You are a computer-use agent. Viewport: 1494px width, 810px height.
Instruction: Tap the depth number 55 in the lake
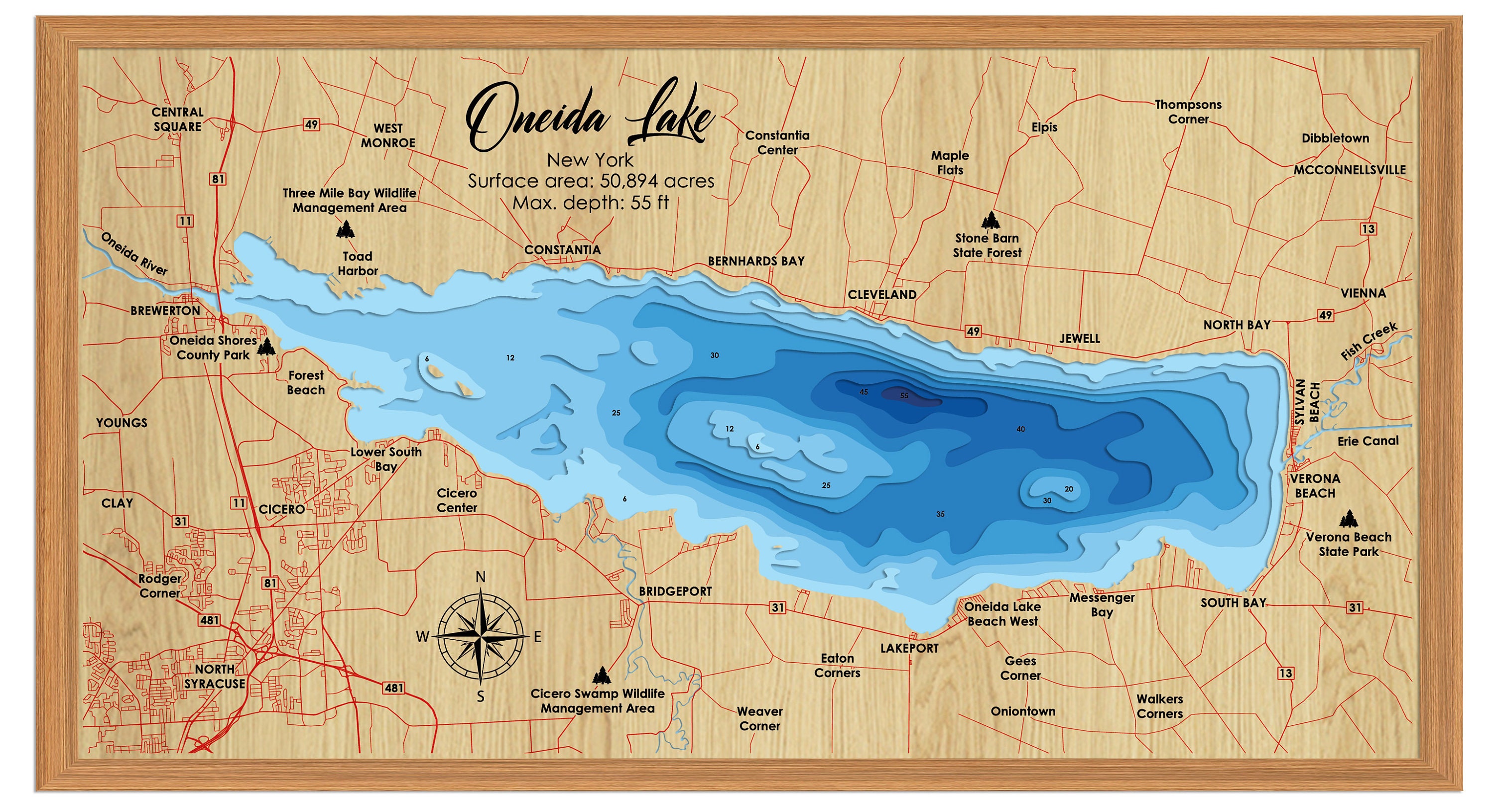click(904, 396)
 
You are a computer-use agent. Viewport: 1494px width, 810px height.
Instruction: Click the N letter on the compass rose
click(480, 577)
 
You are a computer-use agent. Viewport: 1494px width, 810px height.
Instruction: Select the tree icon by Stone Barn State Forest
click(991, 221)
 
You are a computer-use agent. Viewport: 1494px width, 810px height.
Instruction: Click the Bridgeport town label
click(675, 591)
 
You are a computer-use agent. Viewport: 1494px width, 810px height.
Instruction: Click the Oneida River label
click(134, 254)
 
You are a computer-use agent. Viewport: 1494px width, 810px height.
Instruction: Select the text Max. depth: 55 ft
click(591, 203)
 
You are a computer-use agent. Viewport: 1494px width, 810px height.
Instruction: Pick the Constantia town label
click(562, 250)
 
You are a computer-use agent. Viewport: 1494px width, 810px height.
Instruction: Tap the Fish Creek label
click(1369, 341)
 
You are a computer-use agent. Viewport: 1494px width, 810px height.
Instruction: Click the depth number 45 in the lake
click(864, 392)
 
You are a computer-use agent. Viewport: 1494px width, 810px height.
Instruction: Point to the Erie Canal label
click(1368, 441)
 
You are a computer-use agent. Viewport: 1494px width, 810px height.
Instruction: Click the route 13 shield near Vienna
click(1368, 229)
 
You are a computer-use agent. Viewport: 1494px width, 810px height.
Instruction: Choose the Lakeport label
click(909, 648)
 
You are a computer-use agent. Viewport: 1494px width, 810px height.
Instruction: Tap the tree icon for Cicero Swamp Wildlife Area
click(602, 676)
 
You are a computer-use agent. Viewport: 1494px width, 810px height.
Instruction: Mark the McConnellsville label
click(1349, 170)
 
